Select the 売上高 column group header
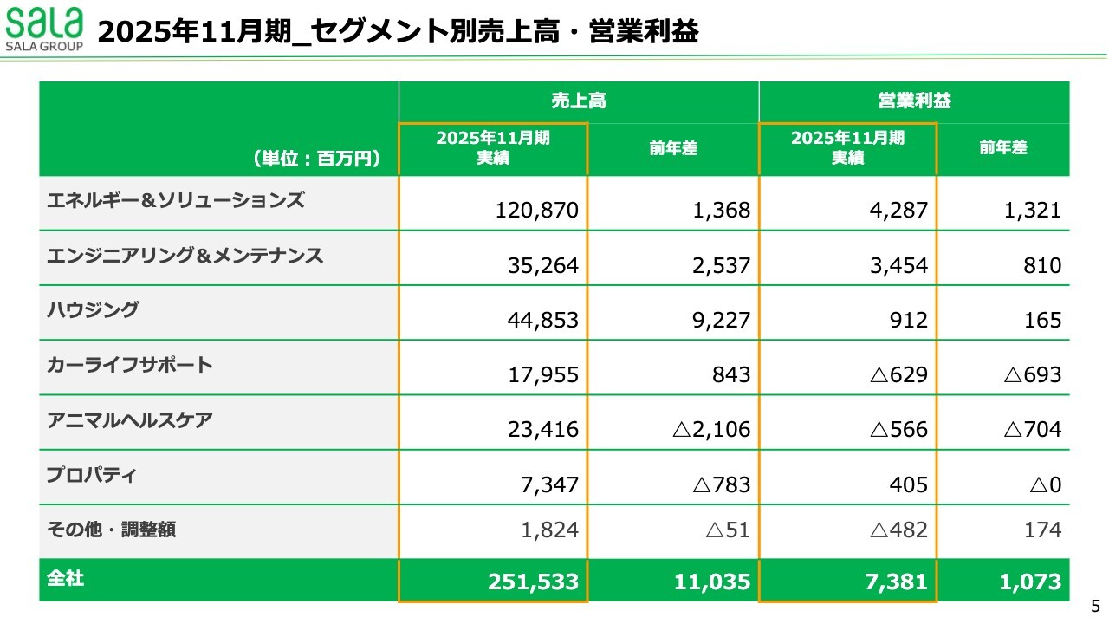click(x=578, y=101)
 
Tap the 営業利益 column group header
click(x=913, y=101)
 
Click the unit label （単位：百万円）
click(x=317, y=159)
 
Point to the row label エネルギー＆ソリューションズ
click(x=176, y=200)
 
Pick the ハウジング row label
click(x=93, y=309)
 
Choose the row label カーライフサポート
click(x=129, y=365)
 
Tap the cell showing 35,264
click(x=543, y=265)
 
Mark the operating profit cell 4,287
click(x=898, y=211)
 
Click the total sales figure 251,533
click(x=533, y=582)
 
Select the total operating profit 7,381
click(x=896, y=582)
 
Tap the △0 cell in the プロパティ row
click(x=1045, y=484)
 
